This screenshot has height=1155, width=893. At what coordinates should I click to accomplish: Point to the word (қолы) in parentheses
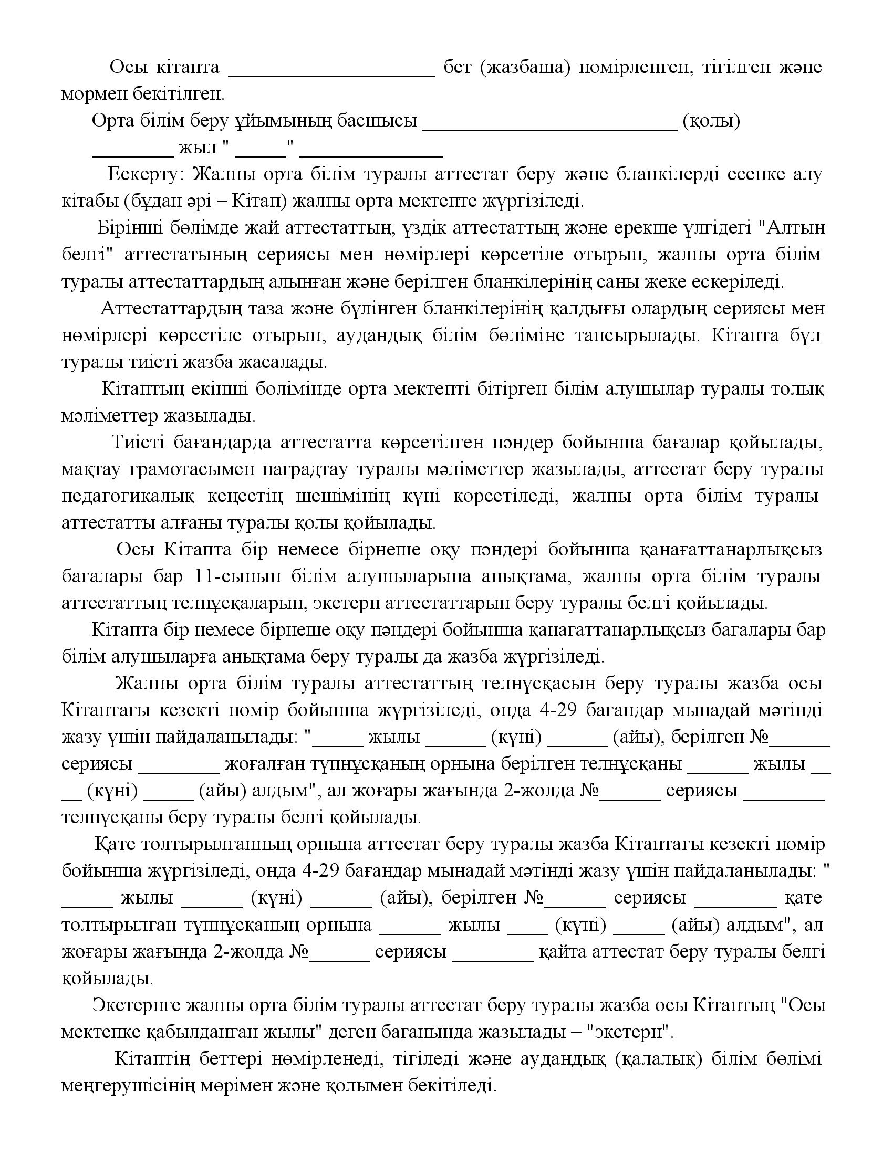pos(712,121)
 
